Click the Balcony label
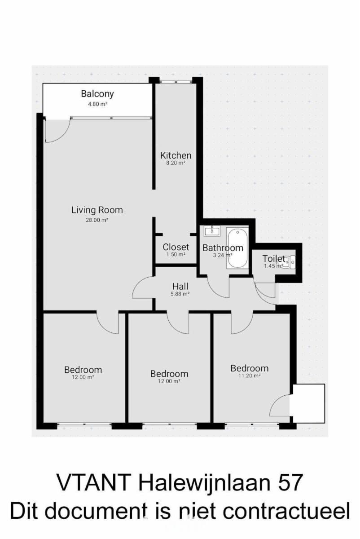point(97,94)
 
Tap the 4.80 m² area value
point(97,104)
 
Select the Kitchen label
point(176,155)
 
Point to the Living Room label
point(97,210)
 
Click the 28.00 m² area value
point(97,220)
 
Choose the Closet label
point(176,247)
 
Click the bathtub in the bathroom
point(237,248)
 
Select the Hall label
point(180,287)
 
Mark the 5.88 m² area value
point(180,294)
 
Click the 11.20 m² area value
point(249,376)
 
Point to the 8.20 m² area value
point(176,163)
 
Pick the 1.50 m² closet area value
point(176,254)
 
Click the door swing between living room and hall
point(142,287)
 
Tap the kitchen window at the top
point(176,82)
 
